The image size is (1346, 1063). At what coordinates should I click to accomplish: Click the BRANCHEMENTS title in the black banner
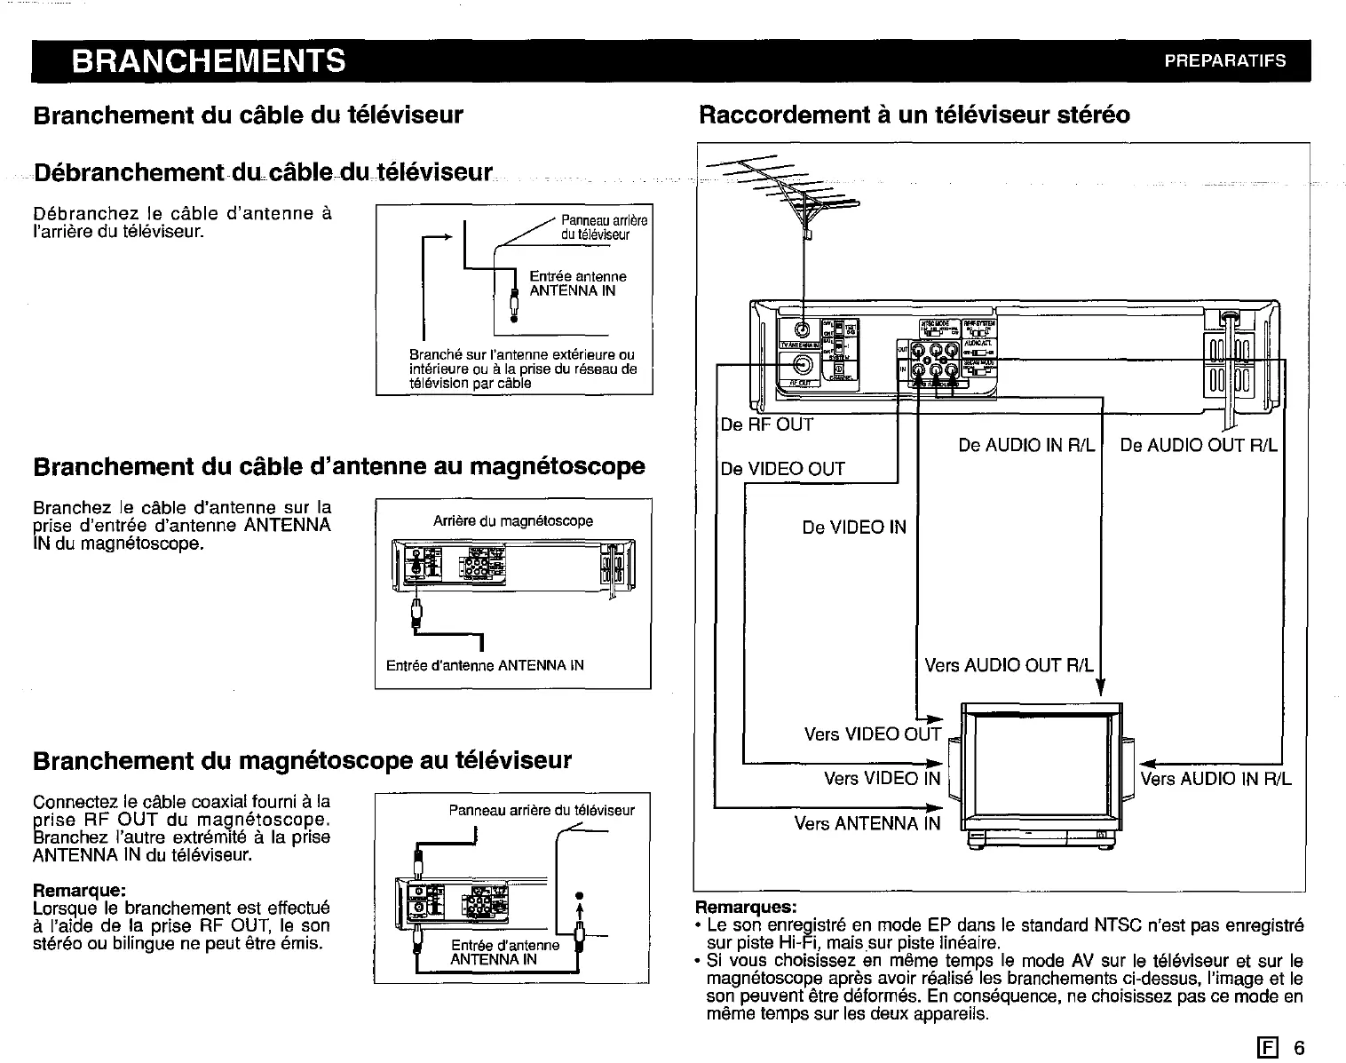coord(209,61)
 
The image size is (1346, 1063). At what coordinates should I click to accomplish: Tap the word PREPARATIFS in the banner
coord(1225,61)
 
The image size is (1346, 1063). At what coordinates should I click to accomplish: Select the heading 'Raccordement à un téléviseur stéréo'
coord(914,115)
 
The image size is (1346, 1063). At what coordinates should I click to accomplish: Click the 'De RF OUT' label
coord(767,425)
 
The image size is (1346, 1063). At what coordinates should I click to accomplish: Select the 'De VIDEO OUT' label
coord(783,470)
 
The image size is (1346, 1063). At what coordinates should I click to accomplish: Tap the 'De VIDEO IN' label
coord(854,528)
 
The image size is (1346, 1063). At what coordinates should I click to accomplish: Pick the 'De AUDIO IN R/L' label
coord(1027,445)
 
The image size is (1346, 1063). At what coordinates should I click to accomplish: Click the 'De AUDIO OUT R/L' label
coord(1199,445)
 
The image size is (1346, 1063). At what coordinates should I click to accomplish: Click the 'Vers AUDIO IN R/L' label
coord(1215,780)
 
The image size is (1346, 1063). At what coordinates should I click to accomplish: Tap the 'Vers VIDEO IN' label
coord(882,779)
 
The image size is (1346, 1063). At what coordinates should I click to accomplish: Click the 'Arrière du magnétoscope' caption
coord(512,521)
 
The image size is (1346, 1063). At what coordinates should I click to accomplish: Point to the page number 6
coord(1299,1048)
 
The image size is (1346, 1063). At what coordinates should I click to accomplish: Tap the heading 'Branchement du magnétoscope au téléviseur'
coord(302,761)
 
